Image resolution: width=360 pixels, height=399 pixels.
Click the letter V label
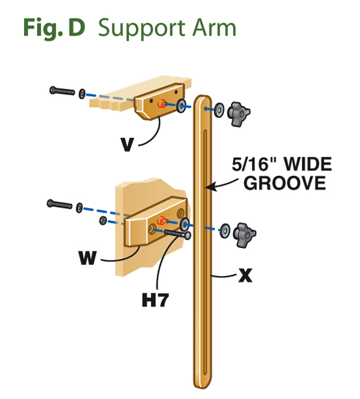[127, 145]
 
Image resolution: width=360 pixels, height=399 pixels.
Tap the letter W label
[88, 258]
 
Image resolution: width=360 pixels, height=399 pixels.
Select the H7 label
[155, 300]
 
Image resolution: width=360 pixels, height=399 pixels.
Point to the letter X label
[245, 275]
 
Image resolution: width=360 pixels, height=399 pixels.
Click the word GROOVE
[285, 183]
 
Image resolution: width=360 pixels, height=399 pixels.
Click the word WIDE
[308, 164]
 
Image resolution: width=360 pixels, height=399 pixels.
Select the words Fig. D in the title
[54, 27]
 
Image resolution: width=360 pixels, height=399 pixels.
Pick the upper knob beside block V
[238, 114]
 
